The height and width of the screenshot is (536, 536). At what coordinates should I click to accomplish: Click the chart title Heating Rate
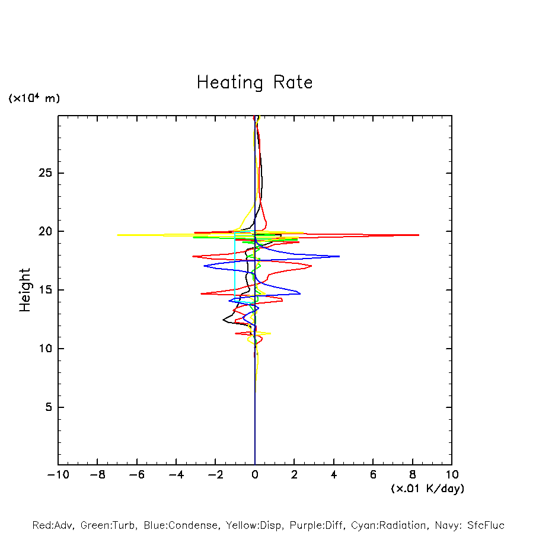point(254,82)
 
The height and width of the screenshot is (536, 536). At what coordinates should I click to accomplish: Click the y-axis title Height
point(25,290)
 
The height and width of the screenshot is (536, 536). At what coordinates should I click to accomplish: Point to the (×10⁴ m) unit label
point(34,98)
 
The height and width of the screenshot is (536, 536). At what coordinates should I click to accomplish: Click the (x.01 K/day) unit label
point(427,489)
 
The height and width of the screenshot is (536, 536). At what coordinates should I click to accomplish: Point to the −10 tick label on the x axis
point(57,475)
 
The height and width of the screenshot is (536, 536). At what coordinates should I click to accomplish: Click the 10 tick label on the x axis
point(452,475)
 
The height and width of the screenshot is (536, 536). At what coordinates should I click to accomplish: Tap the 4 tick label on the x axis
point(334,475)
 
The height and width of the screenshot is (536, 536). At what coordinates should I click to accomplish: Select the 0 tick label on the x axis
point(255,475)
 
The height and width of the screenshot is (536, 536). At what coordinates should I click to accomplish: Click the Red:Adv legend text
point(52,525)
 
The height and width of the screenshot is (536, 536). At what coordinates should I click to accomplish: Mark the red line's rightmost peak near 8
point(418,235)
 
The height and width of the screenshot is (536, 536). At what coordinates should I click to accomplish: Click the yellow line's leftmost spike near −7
point(119,235)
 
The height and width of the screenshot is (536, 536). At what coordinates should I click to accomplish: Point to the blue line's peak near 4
point(339,256)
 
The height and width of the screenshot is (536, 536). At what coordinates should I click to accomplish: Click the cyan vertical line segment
point(235,267)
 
